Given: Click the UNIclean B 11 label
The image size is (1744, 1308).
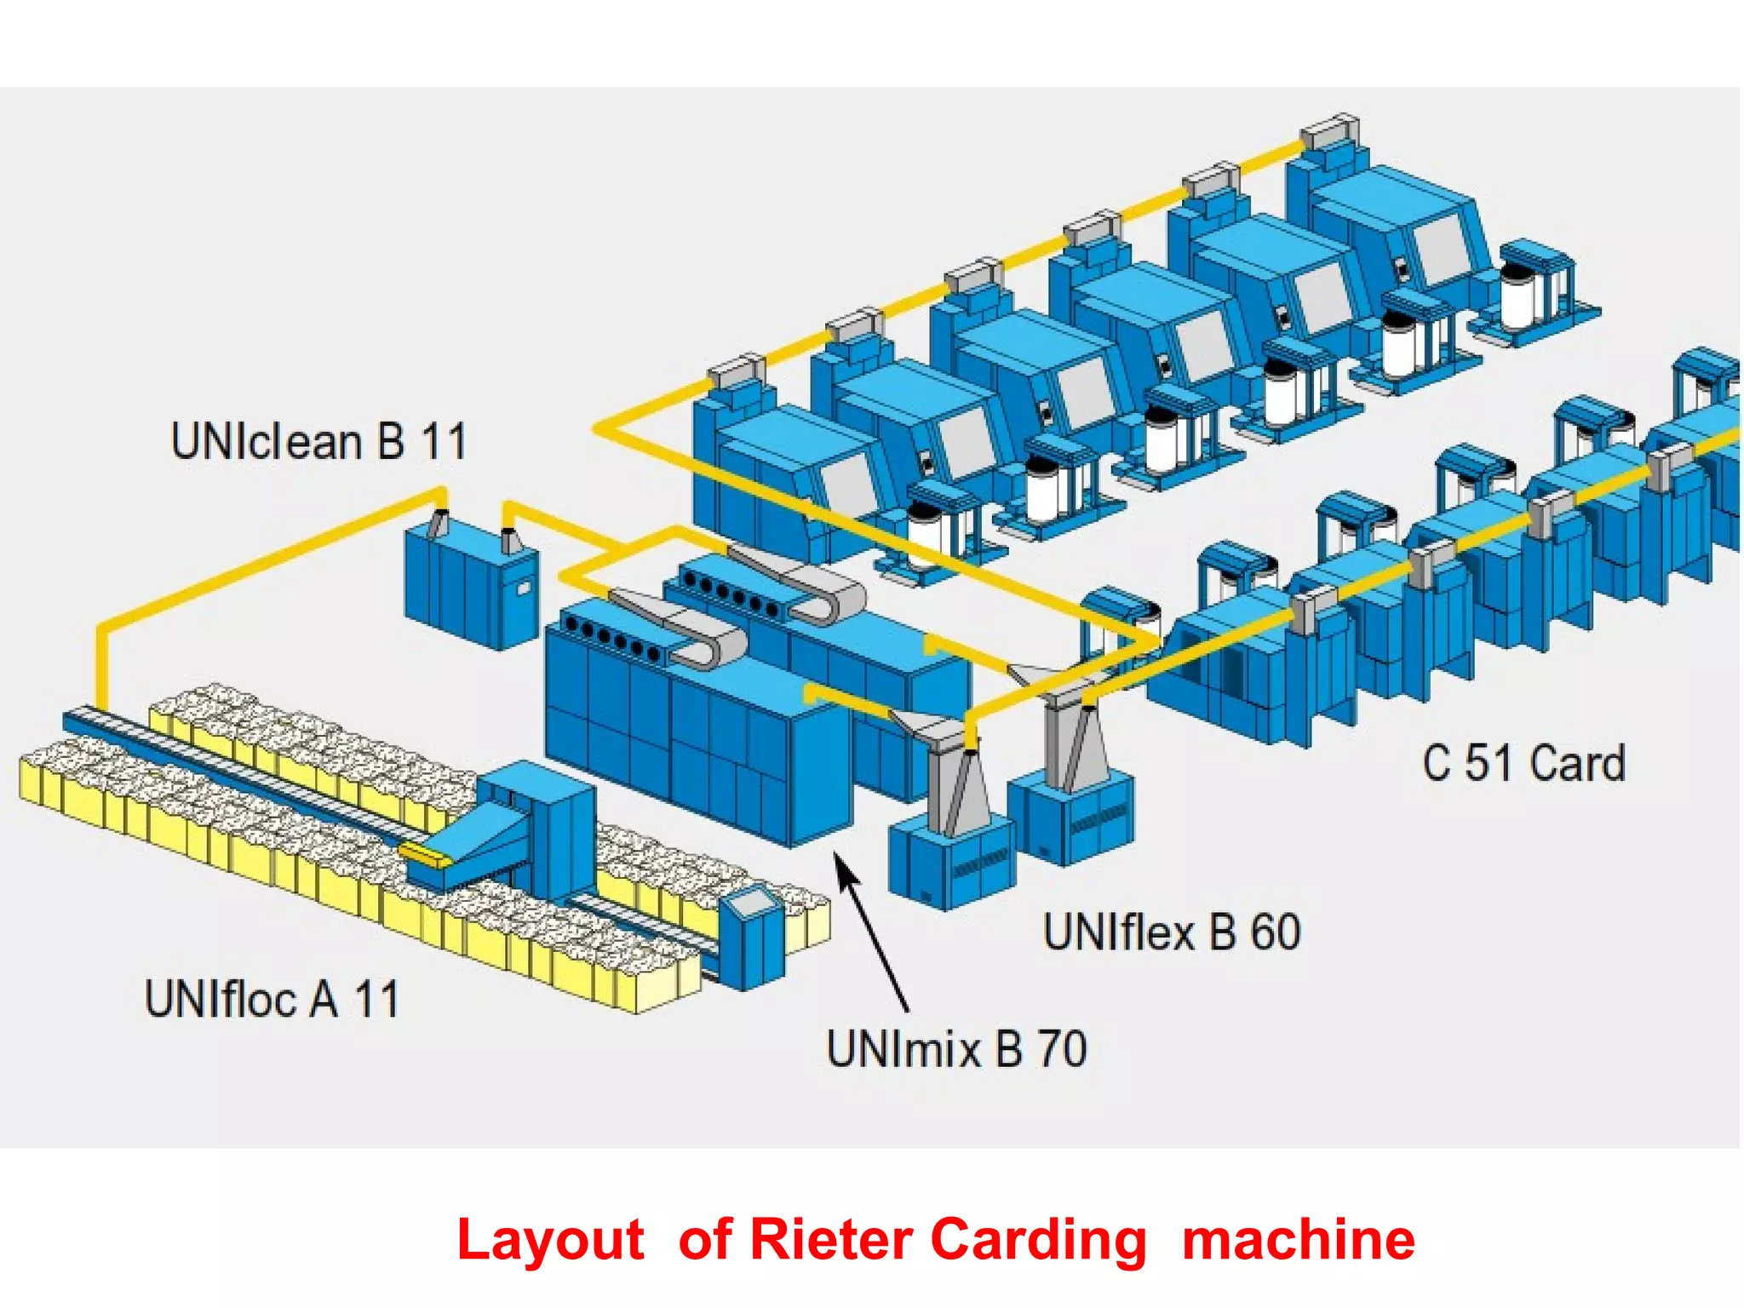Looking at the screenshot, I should [318, 442].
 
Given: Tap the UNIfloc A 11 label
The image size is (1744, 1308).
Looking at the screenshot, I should [272, 999].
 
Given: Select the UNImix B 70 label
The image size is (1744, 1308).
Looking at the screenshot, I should [956, 1048].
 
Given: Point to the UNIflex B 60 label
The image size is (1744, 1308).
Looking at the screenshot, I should [1172, 932].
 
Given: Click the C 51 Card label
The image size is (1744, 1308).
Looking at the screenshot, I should [1523, 763].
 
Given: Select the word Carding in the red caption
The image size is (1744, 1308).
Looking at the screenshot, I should [1038, 1241].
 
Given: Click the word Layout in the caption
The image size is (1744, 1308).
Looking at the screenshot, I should [550, 1241].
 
